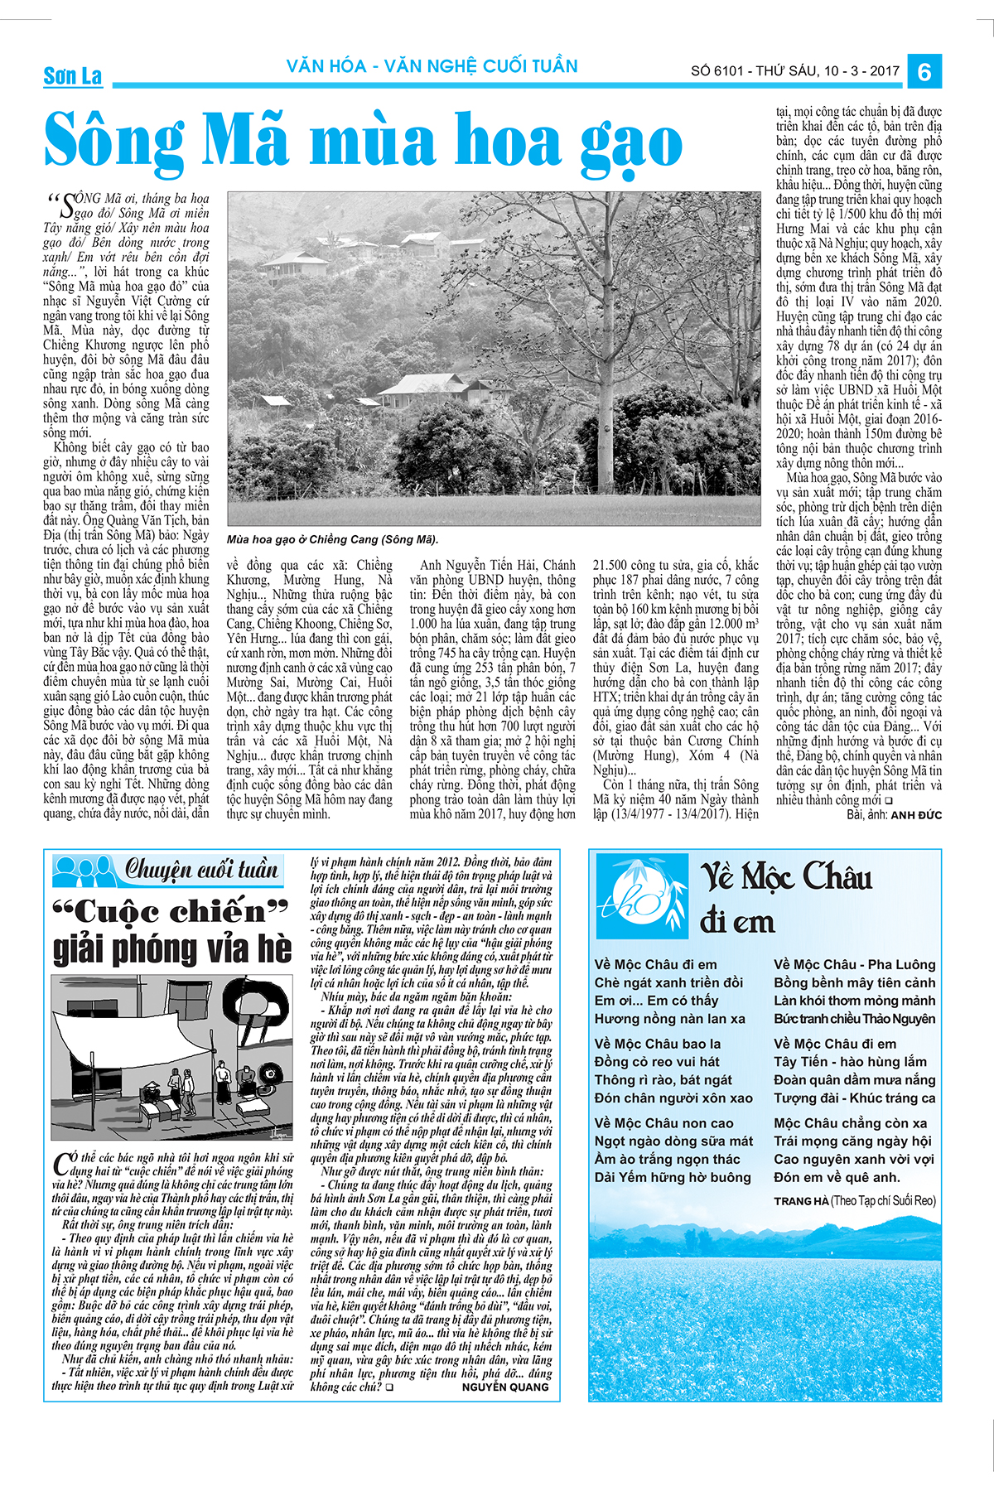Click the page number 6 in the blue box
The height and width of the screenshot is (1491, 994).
click(x=924, y=71)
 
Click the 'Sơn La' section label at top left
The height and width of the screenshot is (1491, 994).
click(x=73, y=76)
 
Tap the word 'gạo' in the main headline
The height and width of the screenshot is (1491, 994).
click(x=631, y=143)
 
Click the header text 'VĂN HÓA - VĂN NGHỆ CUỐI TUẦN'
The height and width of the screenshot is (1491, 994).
click(x=432, y=66)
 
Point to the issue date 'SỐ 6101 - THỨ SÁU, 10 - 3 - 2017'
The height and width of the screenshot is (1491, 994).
click(x=795, y=71)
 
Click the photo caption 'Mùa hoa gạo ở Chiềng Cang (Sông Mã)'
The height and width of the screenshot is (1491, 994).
click(x=332, y=539)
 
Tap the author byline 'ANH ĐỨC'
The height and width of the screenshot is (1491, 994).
click(x=916, y=815)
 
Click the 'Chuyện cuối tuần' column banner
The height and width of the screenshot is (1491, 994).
click(x=201, y=870)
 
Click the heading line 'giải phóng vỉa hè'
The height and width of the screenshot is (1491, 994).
click(x=172, y=949)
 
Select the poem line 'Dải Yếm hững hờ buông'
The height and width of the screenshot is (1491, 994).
click(x=673, y=1177)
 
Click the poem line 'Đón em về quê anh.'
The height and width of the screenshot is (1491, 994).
click(x=837, y=1177)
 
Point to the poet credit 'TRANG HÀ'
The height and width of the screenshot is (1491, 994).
click(x=801, y=1200)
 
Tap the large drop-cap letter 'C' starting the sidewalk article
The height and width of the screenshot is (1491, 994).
click(x=61, y=1165)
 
